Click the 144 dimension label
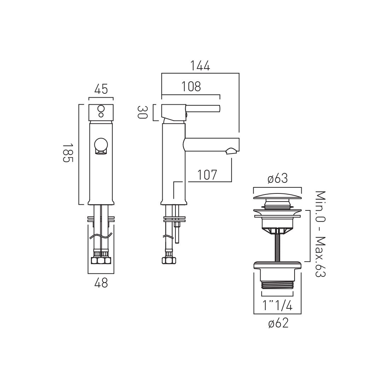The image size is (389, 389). point(200,66)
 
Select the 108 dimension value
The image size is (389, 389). point(191,87)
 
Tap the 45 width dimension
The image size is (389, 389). point(101,89)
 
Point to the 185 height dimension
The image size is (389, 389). point(68,153)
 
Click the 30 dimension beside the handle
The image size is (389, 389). point(143,112)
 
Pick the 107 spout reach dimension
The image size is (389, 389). point(207,175)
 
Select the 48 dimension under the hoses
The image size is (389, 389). point(101,283)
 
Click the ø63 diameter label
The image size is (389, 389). point(278,178)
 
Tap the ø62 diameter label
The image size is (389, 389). point(278,323)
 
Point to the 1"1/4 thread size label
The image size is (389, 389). point(277,306)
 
